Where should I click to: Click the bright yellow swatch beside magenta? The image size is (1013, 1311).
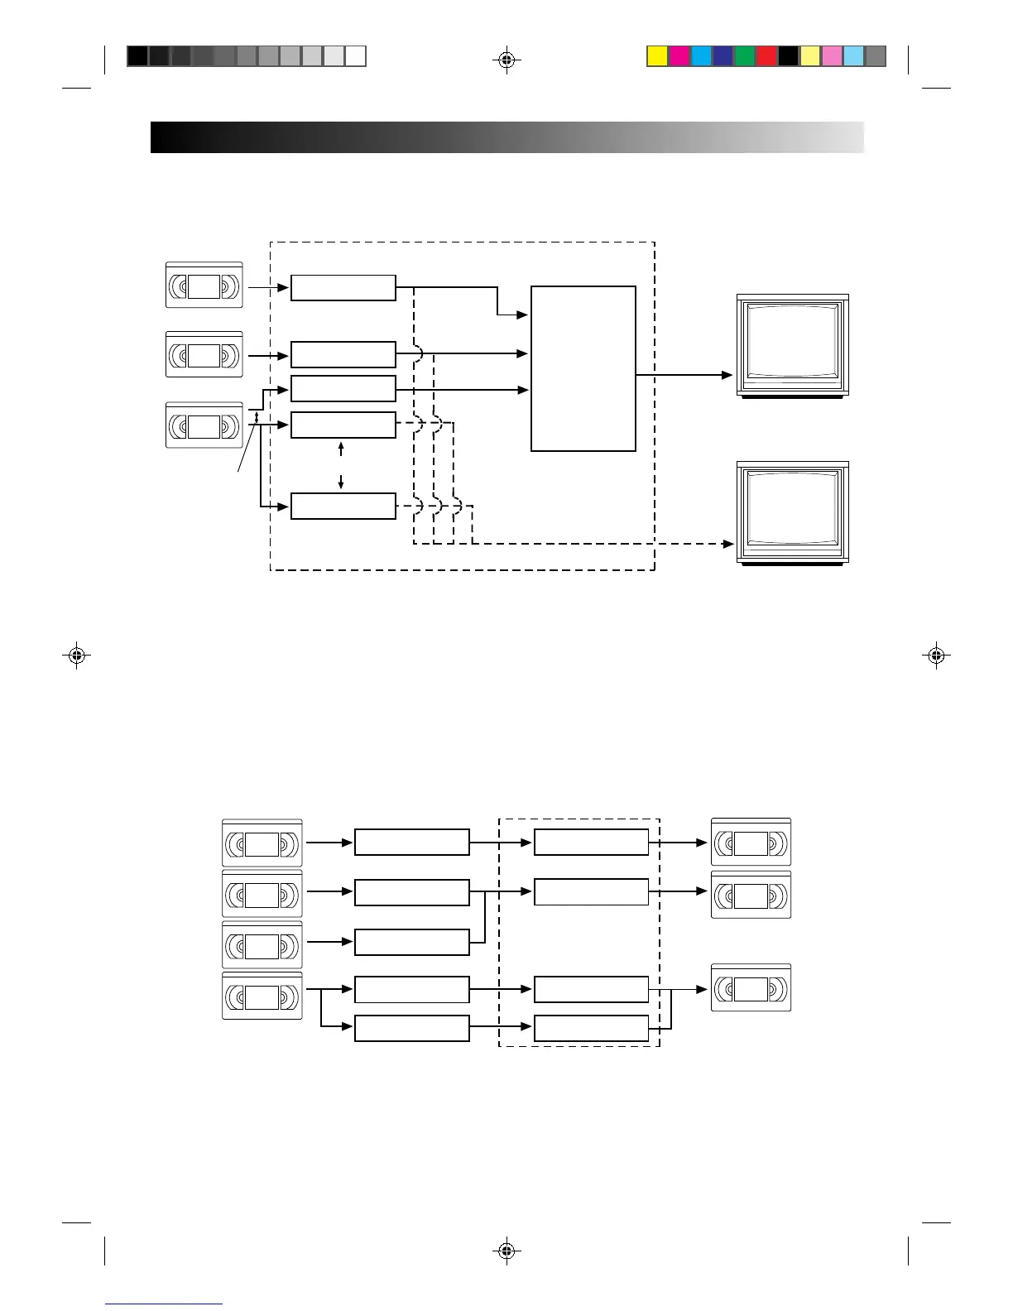pos(657,56)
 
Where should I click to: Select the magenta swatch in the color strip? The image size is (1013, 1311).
pos(679,56)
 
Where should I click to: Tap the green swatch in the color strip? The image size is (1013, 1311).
pos(744,56)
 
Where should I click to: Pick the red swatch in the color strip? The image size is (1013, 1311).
pos(766,56)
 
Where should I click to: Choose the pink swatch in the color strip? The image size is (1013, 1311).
pos(832,56)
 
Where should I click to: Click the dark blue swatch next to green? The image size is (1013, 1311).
pos(723,56)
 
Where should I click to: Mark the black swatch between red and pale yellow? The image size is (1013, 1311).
pos(788,56)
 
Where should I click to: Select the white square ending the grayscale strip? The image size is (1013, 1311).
pos(356,56)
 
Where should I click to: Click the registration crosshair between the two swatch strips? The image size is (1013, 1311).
pos(506,60)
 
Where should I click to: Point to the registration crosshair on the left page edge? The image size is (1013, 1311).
pos(76,655)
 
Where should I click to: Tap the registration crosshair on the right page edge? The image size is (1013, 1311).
pos(936,655)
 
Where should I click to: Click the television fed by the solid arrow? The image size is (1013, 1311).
pos(793,346)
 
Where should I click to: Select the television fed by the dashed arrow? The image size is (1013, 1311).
pos(793,513)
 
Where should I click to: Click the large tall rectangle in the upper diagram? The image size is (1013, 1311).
pos(583,368)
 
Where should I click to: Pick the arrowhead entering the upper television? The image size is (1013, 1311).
pos(728,375)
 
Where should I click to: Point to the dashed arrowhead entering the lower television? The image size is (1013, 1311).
pos(728,544)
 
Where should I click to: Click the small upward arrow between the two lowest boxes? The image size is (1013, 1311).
pos(341,449)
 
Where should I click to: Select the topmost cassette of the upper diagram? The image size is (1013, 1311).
pos(204,286)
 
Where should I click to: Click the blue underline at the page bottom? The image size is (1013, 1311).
pos(164,1304)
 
